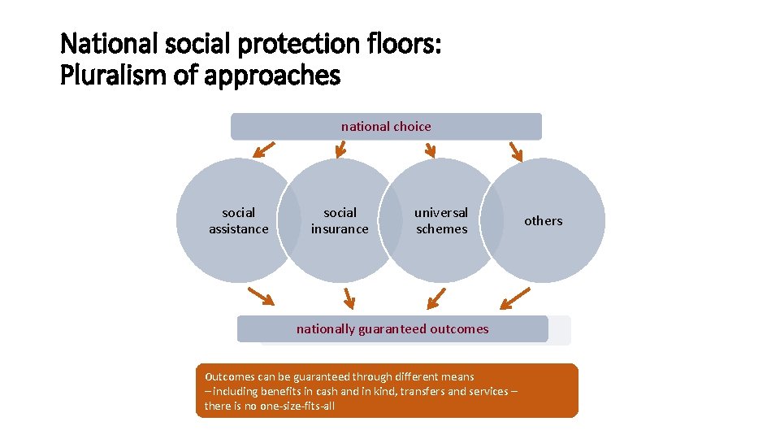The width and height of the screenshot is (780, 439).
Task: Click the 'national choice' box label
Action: (x=386, y=127)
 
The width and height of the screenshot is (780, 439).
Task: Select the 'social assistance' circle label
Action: (x=238, y=221)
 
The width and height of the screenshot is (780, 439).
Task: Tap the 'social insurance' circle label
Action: (x=340, y=221)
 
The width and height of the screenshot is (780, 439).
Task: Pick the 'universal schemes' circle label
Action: (x=441, y=221)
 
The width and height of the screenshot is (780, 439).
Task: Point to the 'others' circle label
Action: (x=543, y=221)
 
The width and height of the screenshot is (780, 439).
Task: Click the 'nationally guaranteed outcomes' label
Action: (x=392, y=329)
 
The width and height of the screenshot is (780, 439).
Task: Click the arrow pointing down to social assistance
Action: (x=262, y=149)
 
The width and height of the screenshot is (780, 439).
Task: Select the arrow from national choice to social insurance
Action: (x=341, y=148)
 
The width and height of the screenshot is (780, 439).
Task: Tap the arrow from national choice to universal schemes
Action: (x=431, y=148)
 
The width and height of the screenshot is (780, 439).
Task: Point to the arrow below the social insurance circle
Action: (x=349, y=298)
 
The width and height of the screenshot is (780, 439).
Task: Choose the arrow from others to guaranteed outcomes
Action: (x=514, y=298)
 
